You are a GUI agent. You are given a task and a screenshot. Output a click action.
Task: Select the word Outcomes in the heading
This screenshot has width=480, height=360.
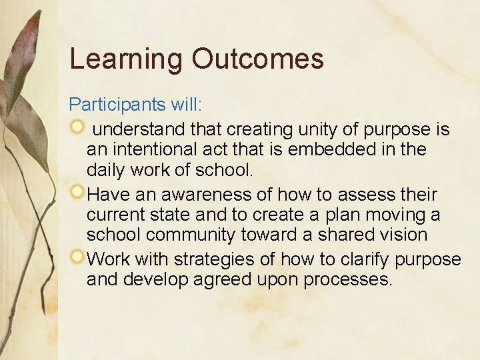[x=258, y=59]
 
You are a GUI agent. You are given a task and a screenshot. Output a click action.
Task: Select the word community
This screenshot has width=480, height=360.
[x=190, y=235]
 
